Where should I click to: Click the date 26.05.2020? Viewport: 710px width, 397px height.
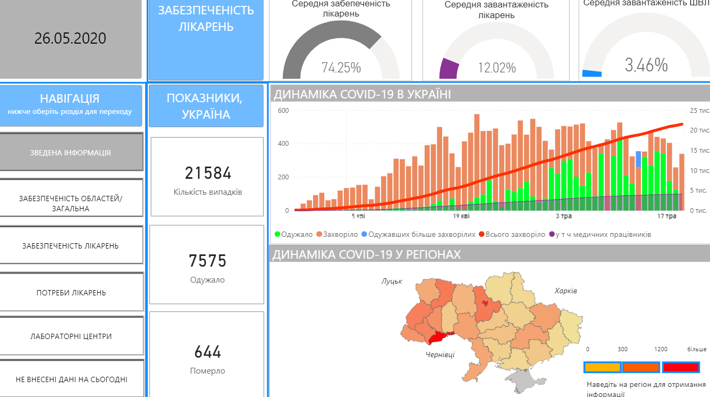click(70, 38)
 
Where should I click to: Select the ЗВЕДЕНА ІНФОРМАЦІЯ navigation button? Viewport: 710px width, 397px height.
click(71, 153)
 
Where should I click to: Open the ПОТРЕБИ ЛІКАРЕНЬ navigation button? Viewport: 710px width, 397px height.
click(71, 293)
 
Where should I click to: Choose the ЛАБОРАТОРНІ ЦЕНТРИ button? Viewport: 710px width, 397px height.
click(71, 336)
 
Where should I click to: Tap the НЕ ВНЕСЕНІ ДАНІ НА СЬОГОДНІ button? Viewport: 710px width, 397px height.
click(71, 379)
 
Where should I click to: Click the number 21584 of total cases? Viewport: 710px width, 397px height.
click(208, 173)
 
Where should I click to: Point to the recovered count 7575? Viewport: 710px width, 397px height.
click(207, 261)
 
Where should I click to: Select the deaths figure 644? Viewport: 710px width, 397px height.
click(207, 352)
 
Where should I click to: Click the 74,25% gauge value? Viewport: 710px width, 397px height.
click(341, 68)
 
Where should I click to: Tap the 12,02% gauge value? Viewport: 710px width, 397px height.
click(496, 68)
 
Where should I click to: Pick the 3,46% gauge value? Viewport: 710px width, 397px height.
click(646, 65)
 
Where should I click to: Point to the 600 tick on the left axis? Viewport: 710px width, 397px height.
click(282, 111)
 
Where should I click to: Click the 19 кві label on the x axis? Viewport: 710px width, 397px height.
click(461, 217)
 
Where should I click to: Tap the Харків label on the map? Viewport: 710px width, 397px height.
click(565, 291)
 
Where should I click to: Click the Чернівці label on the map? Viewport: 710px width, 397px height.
click(440, 354)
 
